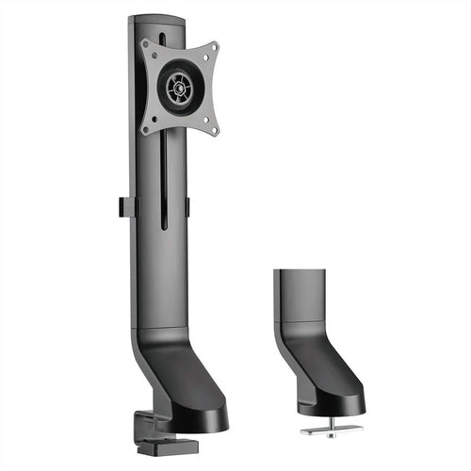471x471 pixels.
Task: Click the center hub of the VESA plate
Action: click(x=177, y=89)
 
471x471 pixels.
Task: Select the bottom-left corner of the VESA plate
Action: click(x=146, y=131)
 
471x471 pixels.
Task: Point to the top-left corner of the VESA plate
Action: click(x=145, y=43)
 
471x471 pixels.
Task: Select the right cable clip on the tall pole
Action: click(x=187, y=207)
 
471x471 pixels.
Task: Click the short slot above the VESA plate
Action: click(x=162, y=38)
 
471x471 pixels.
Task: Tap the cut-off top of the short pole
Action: click(x=300, y=270)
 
